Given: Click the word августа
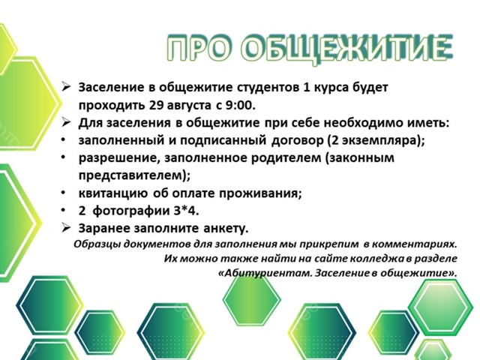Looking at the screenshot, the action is click(189, 106).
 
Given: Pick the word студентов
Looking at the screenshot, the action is click(268, 88).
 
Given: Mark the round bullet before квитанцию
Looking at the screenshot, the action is click(63, 193).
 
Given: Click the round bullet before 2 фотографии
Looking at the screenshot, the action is click(63, 210).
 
